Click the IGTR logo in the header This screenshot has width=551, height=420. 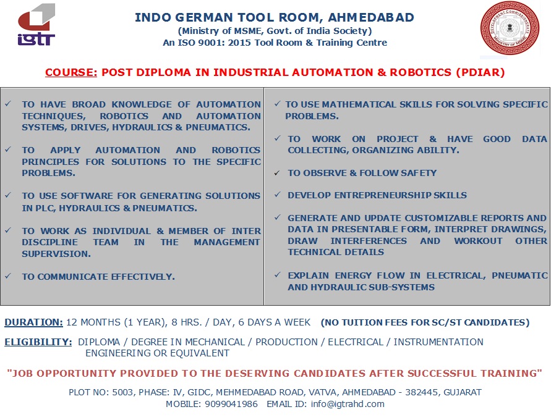[x=36, y=25]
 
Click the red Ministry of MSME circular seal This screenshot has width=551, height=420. [x=510, y=28]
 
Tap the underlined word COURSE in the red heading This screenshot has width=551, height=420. [x=71, y=72]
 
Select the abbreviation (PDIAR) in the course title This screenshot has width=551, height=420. [x=481, y=72]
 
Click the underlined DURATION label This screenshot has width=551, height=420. [x=34, y=322]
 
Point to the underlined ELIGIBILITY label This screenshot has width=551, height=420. [x=38, y=342]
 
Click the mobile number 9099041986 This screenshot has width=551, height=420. [x=231, y=404]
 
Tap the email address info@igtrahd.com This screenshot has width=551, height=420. [x=348, y=404]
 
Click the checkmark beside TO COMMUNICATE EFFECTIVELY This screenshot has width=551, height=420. [x=8, y=276]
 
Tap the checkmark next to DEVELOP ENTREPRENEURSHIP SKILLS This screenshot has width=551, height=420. [x=277, y=195]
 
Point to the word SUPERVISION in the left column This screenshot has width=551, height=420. [x=56, y=254]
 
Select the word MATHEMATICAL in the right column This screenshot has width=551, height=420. [x=359, y=104]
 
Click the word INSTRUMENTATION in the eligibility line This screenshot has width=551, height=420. [x=438, y=342]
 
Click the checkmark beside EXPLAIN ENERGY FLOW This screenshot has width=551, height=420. [x=277, y=275]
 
